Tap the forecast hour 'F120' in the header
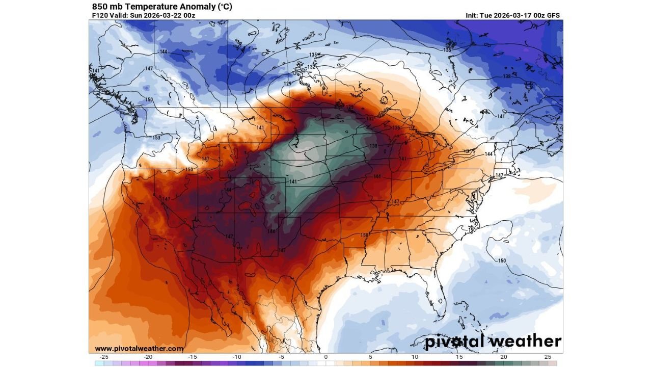pyautogui.click(x=100, y=15)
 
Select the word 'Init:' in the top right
pyautogui.click(x=473, y=15)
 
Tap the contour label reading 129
pyautogui.click(x=288, y=84)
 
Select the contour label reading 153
pyautogui.click(x=156, y=138)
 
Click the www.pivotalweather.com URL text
pyautogui.click(x=139, y=349)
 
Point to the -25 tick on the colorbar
pyautogui.click(x=104, y=357)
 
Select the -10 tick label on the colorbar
pyautogui.click(x=237, y=357)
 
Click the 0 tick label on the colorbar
pyautogui.click(x=326, y=357)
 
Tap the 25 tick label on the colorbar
pyautogui.click(x=548, y=357)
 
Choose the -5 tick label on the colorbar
pyautogui.click(x=281, y=357)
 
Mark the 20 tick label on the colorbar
pyautogui.click(x=503, y=357)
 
